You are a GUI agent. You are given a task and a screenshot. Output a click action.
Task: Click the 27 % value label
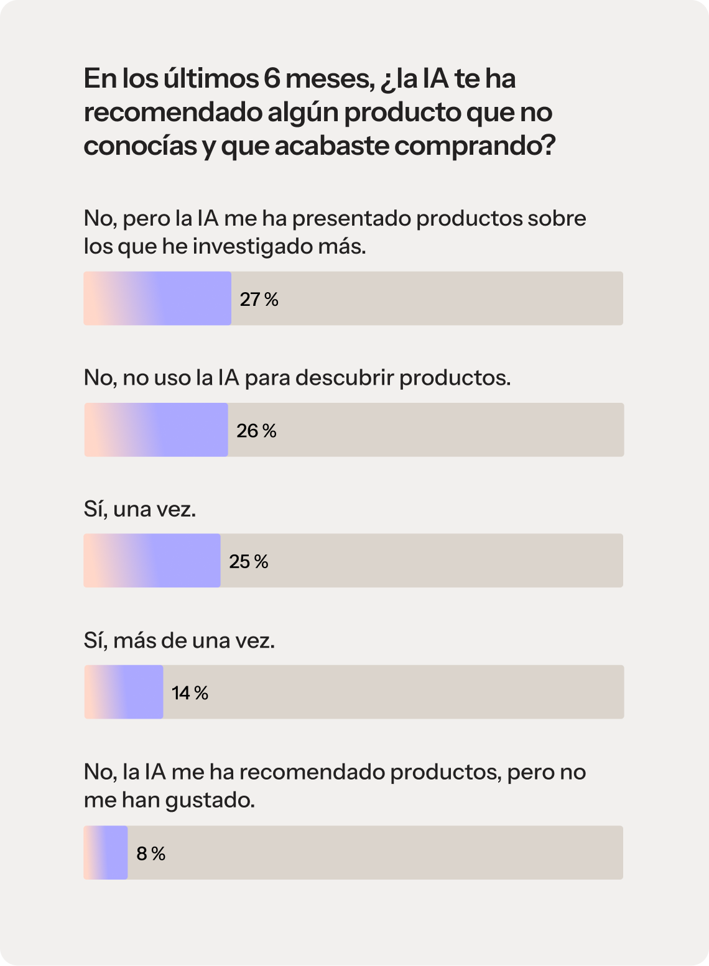pyautogui.click(x=259, y=300)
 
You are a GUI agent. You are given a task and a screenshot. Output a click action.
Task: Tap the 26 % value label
pyautogui.click(x=256, y=431)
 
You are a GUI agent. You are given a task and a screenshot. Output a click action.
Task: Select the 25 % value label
pyautogui.click(x=249, y=562)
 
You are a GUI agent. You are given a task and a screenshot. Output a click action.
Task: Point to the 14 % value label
pyautogui.click(x=190, y=693)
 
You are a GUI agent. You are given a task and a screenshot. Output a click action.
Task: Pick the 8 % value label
pyautogui.click(x=151, y=854)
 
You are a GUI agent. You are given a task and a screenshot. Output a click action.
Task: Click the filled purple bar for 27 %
pyautogui.click(x=157, y=298)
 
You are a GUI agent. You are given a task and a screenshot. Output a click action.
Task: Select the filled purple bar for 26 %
pyautogui.click(x=156, y=430)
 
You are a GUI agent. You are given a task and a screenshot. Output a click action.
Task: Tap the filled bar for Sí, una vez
pyautogui.click(x=152, y=561)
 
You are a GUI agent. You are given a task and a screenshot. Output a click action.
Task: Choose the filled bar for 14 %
pyautogui.click(x=124, y=692)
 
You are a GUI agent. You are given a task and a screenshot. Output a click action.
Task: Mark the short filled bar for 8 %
pyautogui.click(x=106, y=853)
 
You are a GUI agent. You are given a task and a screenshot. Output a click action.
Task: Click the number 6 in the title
pyautogui.click(x=271, y=79)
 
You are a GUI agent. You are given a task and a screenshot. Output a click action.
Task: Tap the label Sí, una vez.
pyautogui.click(x=140, y=509)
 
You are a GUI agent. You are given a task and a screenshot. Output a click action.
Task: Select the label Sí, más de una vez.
pyautogui.click(x=179, y=640)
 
